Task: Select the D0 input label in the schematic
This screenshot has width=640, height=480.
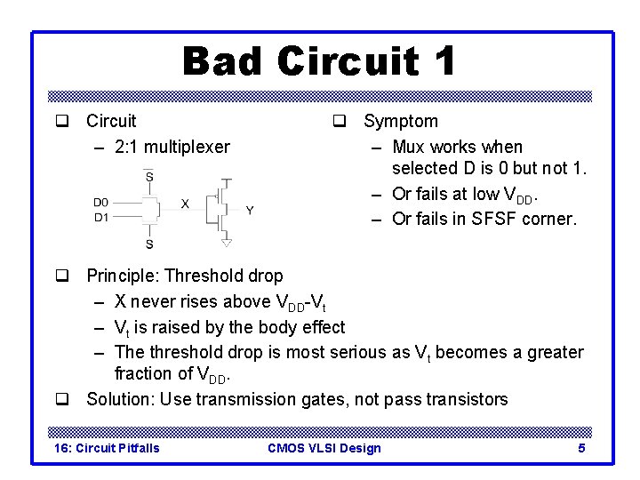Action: click(101, 203)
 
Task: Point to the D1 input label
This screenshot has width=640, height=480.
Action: click(101, 216)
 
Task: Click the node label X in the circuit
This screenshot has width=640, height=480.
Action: click(185, 204)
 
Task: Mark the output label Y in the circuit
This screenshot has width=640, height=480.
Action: click(250, 211)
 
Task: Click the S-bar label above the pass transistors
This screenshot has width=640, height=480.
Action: click(148, 177)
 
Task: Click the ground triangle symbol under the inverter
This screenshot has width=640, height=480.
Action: click(227, 242)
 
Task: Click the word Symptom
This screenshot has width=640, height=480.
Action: click(401, 121)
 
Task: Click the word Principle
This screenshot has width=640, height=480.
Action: click(122, 276)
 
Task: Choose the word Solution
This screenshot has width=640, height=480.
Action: click(121, 399)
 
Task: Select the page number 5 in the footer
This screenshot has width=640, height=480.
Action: click(581, 448)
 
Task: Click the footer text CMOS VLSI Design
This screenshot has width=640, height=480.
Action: click(324, 448)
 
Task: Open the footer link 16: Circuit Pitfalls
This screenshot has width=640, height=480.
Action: click(107, 448)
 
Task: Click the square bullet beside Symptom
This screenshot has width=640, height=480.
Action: click(339, 121)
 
